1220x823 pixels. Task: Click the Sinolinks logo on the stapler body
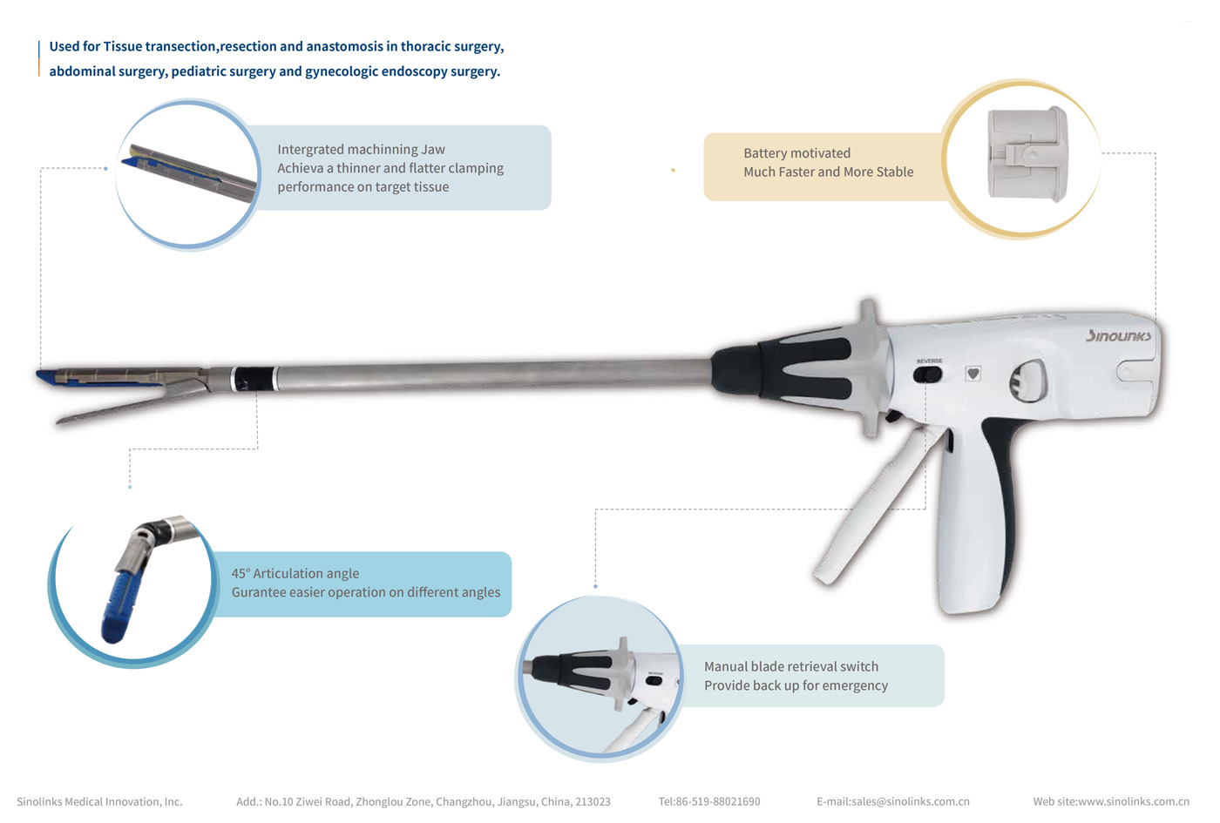[1118, 336]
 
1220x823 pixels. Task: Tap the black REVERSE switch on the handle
[928, 374]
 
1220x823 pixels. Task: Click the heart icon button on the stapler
[973, 374]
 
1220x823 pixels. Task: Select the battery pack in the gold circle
[1027, 154]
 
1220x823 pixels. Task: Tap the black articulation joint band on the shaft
[254, 379]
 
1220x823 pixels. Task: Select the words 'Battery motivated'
[796, 153]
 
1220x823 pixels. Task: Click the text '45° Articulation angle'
[295, 573]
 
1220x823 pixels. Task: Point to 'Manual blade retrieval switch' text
[790, 666]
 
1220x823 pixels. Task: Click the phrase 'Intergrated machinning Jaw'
[361, 150]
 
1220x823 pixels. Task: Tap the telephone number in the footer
[708, 801]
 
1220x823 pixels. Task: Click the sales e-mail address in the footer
[892, 801]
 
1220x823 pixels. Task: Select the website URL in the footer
[1110, 801]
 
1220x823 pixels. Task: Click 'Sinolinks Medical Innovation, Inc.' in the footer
[99, 801]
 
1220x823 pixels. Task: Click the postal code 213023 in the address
[593, 801]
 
